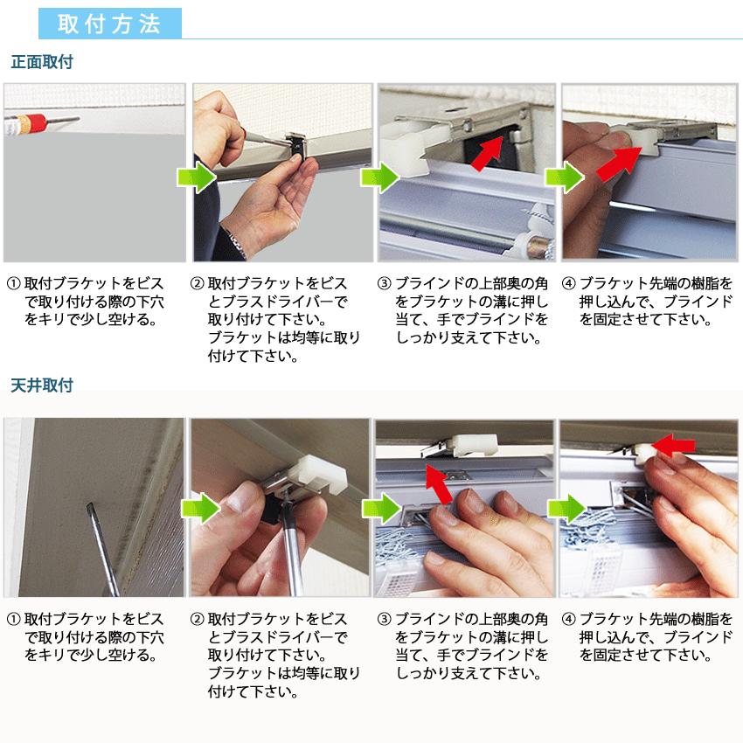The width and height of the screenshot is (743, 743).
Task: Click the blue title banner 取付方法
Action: pos(110,24)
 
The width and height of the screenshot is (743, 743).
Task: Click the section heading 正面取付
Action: pos(42,62)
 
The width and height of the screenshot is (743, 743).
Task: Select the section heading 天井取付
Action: pos(42,385)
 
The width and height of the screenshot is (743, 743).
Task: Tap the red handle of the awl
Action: pos(36,122)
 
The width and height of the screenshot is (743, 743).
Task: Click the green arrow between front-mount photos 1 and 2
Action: pos(196,177)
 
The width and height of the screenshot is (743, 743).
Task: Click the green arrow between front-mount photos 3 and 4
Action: pos(565,177)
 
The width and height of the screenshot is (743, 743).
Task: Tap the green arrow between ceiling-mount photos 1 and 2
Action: pos(200,509)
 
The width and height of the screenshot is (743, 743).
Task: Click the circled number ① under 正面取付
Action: pos(13,284)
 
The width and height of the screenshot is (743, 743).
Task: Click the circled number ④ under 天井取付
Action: pos(569,620)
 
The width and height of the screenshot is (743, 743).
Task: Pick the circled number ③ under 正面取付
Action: pos(385,284)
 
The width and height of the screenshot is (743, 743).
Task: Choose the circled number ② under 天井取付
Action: pos(197,620)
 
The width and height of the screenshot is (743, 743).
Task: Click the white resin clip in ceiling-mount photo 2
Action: pos(322,473)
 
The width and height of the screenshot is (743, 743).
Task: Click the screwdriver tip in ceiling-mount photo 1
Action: pos(88,506)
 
